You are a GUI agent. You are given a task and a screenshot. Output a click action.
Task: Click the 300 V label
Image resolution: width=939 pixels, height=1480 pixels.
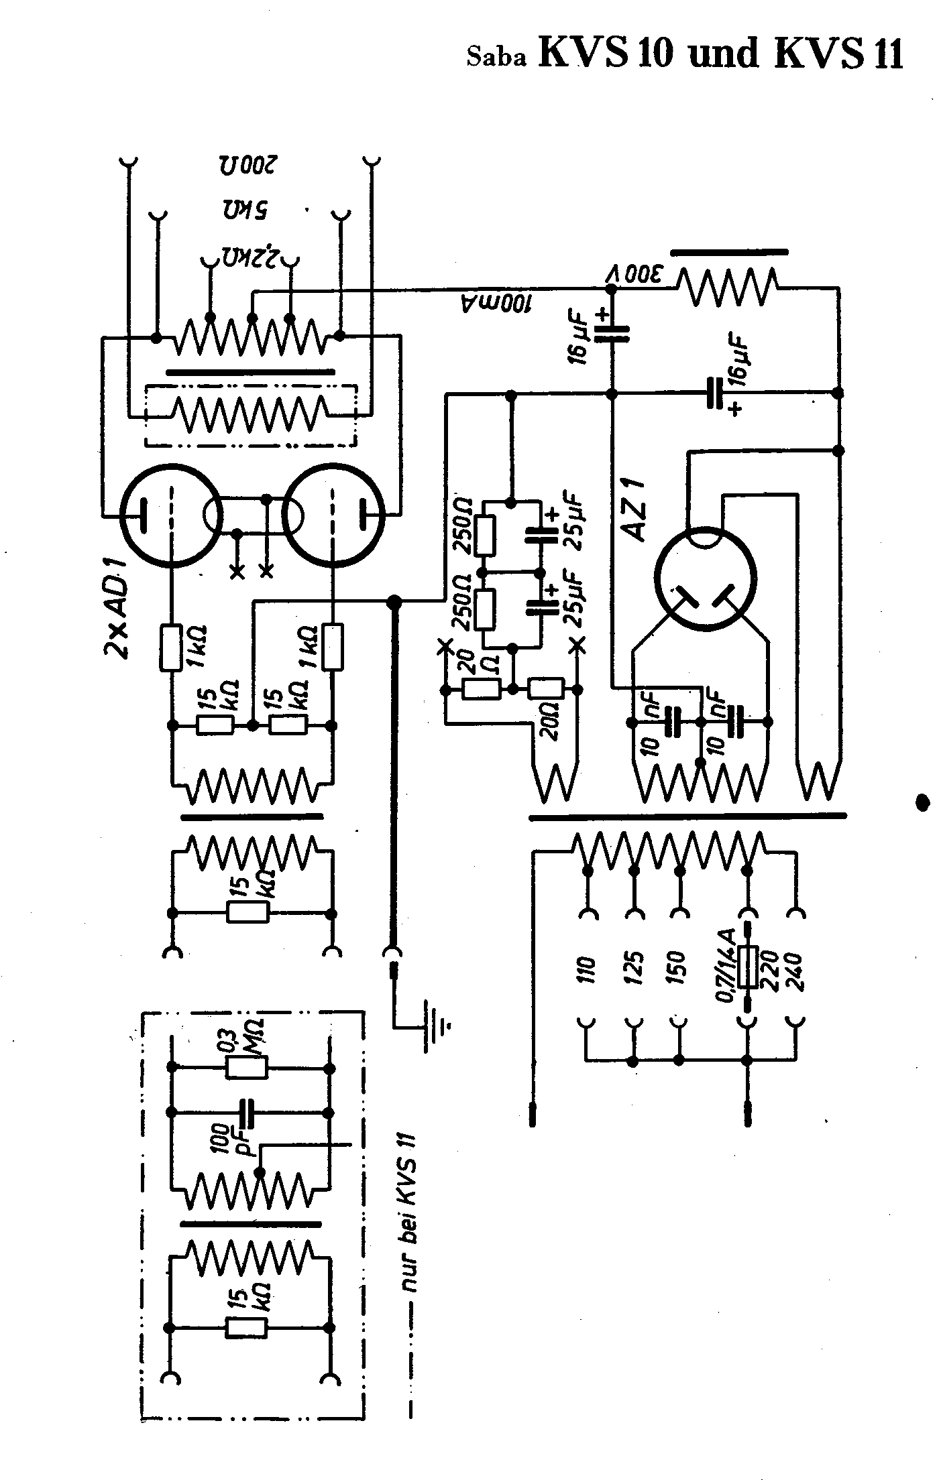point(636,275)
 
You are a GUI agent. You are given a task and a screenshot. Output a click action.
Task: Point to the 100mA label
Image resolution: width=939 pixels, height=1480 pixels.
point(497,304)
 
